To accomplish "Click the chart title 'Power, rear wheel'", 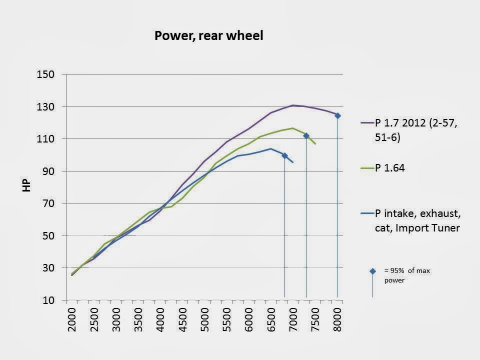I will (x=208, y=35).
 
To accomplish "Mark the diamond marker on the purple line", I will (x=337, y=115).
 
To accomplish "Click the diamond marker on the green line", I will (x=306, y=136).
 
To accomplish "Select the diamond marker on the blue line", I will (x=284, y=155).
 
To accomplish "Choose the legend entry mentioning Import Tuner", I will (x=418, y=221).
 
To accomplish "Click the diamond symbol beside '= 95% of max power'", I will (x=372, y=271).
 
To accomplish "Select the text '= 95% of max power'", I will (x=407, y=275).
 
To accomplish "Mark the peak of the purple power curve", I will (x=293, y=105).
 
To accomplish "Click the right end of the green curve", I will (x=315, y=144).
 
